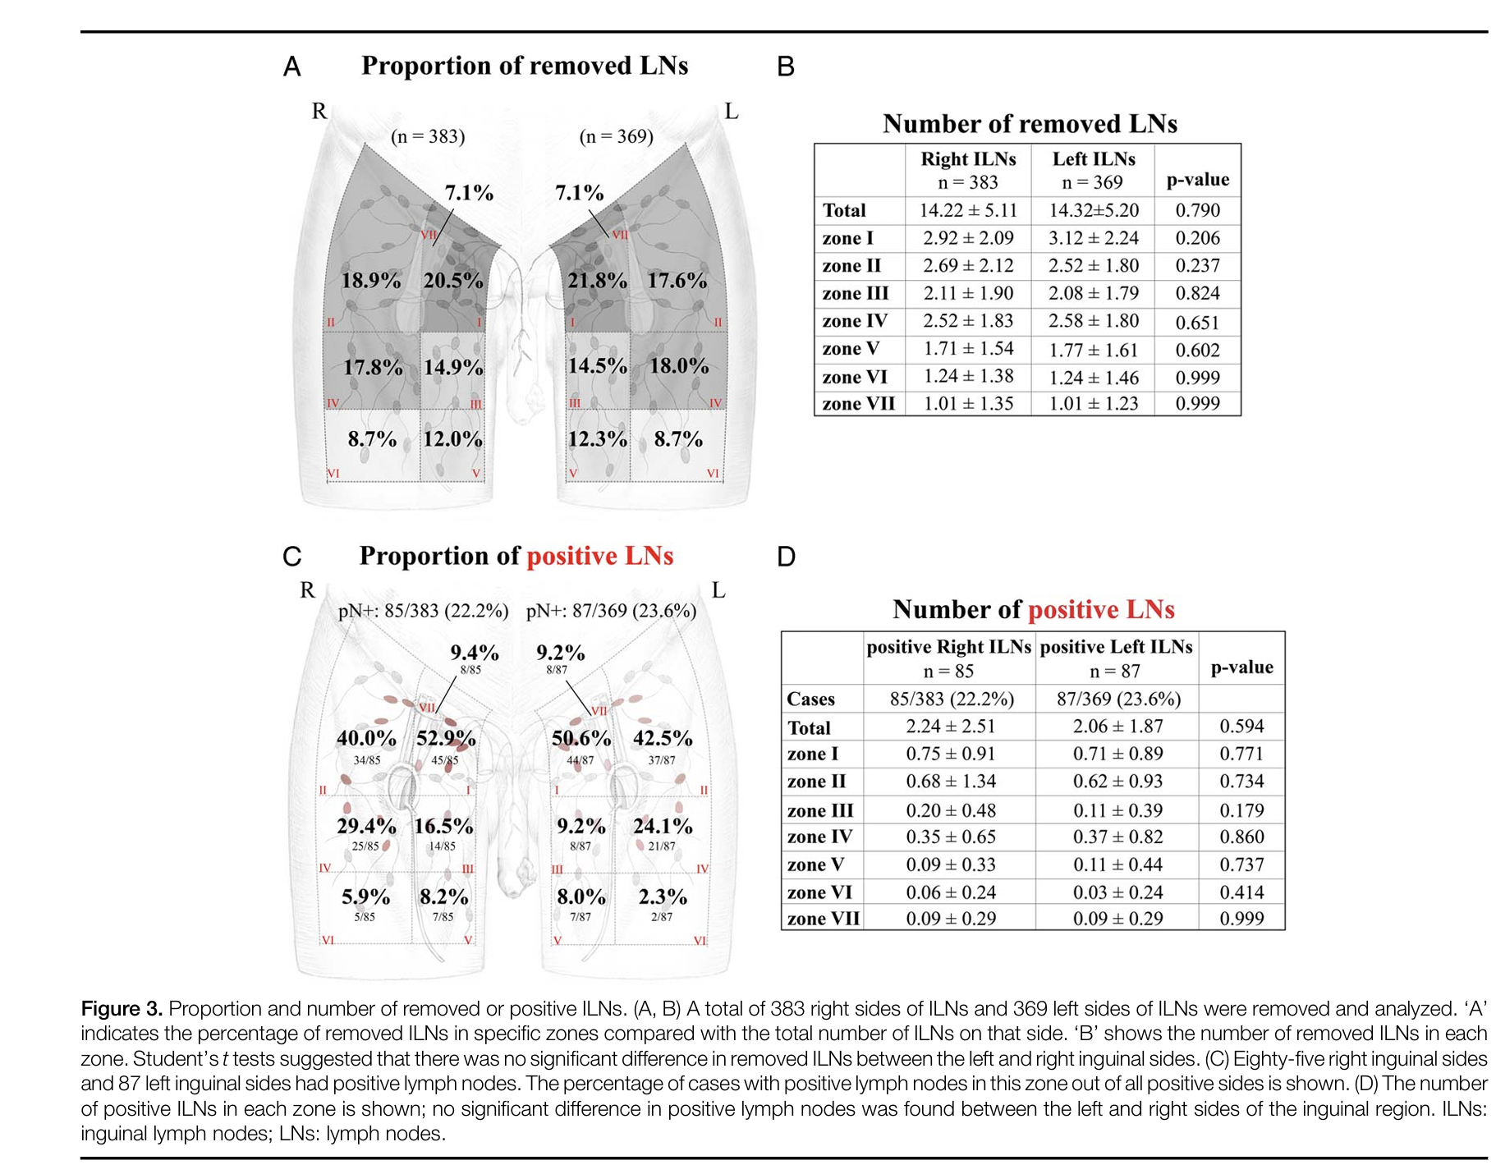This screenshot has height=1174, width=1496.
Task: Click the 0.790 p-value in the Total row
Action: [1197, 211]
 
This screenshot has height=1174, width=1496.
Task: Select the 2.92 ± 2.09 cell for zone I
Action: [968, 238]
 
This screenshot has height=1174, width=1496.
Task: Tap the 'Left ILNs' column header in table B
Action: [1094, 159]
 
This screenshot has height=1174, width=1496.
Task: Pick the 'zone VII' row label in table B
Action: [858, 404]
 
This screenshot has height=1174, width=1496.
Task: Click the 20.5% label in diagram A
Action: [453, 281]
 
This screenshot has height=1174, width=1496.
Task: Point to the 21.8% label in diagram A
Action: [597, 281]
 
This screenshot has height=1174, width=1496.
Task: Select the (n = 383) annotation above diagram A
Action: [428, 136]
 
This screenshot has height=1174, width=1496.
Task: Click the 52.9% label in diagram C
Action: [446, 738]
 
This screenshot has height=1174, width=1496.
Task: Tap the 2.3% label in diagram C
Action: [663, 897]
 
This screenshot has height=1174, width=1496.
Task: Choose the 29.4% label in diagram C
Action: [366, 826]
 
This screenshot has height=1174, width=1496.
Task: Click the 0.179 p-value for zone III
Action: [1241, 810]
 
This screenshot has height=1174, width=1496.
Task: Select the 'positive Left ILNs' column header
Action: [1116, 647]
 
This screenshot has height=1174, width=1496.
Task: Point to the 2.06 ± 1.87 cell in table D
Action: [1117, 727]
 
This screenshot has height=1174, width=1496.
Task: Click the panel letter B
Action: [786, 67]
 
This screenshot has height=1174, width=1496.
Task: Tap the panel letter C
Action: [291, 557]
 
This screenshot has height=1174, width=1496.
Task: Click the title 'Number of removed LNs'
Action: [1030, 124]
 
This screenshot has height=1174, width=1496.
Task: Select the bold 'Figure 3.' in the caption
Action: [122, 1009]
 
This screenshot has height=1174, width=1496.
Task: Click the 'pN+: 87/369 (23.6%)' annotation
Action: [611, 612]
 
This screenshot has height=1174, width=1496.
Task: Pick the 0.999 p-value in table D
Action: [1241, 919]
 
